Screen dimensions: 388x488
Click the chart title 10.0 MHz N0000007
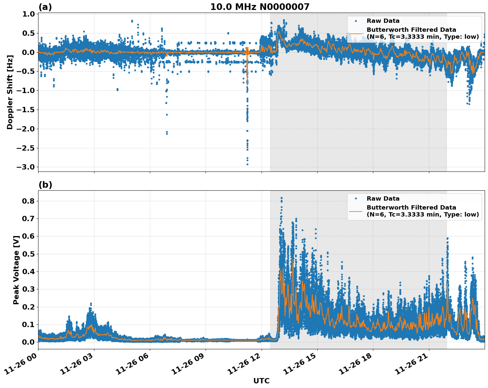click(260, 7)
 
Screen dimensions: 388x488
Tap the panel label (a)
click(45, 7)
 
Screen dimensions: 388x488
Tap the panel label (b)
click(45, 185)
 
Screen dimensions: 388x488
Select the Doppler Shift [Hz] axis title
click(10, 92)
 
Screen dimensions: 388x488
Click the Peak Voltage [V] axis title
click(16, 270)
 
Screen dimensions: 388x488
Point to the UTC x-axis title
click(261, 381)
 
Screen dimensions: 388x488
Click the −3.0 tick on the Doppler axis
click(25, 167)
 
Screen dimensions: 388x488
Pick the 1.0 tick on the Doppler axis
click(29, 14)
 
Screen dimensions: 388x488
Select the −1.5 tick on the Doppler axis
click(25, 110)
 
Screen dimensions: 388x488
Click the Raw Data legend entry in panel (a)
click(383, 21)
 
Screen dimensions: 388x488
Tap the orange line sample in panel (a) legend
click(355, 33)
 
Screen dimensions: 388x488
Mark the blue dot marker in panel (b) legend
click(355, 199)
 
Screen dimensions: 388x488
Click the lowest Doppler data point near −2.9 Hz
click(247, 164)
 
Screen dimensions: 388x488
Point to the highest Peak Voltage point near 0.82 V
click(281, 198)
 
